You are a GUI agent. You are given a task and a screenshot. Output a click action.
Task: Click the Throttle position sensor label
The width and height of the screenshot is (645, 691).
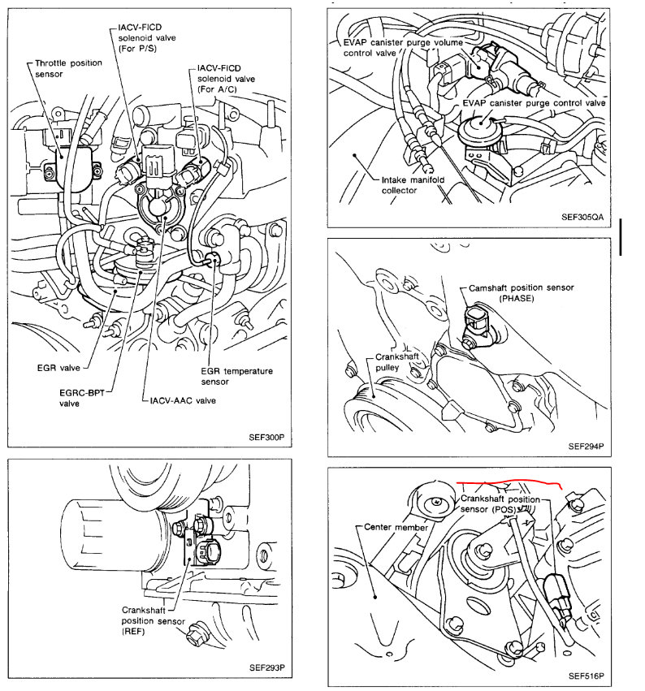[x=58, y=67]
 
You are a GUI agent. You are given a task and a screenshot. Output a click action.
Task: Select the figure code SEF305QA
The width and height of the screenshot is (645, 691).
[x=582, y=218]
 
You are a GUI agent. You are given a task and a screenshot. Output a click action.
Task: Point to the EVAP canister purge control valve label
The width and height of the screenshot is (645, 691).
[x=534, y=103]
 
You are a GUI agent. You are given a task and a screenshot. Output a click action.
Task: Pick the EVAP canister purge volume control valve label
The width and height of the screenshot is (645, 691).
[x=375, y=47]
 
